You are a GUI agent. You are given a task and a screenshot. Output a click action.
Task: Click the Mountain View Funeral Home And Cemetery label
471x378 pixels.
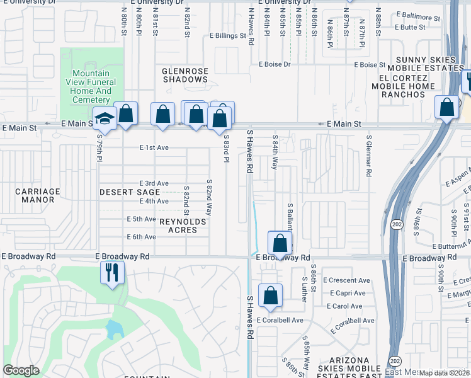point(91,87)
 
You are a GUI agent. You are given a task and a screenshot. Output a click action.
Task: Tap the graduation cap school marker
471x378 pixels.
point(104,118)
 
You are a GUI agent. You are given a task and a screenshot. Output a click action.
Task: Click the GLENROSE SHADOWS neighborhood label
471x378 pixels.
point(185,76)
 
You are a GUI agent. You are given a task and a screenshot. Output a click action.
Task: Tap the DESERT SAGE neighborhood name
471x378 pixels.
point(130,192)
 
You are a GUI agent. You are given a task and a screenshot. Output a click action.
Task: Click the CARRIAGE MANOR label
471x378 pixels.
point(38,195)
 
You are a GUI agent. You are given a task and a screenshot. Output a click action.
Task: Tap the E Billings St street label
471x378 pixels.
point(228,37)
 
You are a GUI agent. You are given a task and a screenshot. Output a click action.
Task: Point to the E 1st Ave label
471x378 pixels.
point(154,147)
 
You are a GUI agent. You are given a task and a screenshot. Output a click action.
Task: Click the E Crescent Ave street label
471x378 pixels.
point(346,280)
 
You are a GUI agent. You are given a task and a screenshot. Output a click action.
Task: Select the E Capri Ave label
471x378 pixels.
point(344,293)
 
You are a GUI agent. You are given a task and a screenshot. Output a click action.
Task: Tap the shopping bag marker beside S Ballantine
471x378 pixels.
point(280,243)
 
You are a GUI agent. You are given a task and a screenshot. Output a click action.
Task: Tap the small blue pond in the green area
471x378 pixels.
point(115,329)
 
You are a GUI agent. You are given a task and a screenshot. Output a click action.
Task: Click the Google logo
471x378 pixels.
point(21,370)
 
